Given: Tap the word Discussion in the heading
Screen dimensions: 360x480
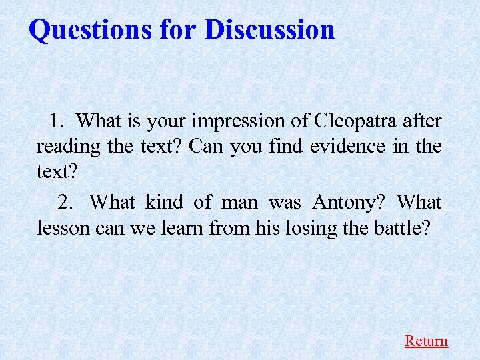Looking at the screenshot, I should pos(269,29).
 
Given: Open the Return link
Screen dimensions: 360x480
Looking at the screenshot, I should pos(426,341).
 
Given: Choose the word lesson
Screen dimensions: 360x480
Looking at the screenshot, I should pos(63,227).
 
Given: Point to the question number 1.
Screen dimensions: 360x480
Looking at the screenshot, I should pos(57,121).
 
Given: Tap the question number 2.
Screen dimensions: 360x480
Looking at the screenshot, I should pos(65,201).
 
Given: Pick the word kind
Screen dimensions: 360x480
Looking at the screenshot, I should pos(161,201).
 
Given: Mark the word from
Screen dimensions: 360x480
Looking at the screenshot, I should pos(229,227).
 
